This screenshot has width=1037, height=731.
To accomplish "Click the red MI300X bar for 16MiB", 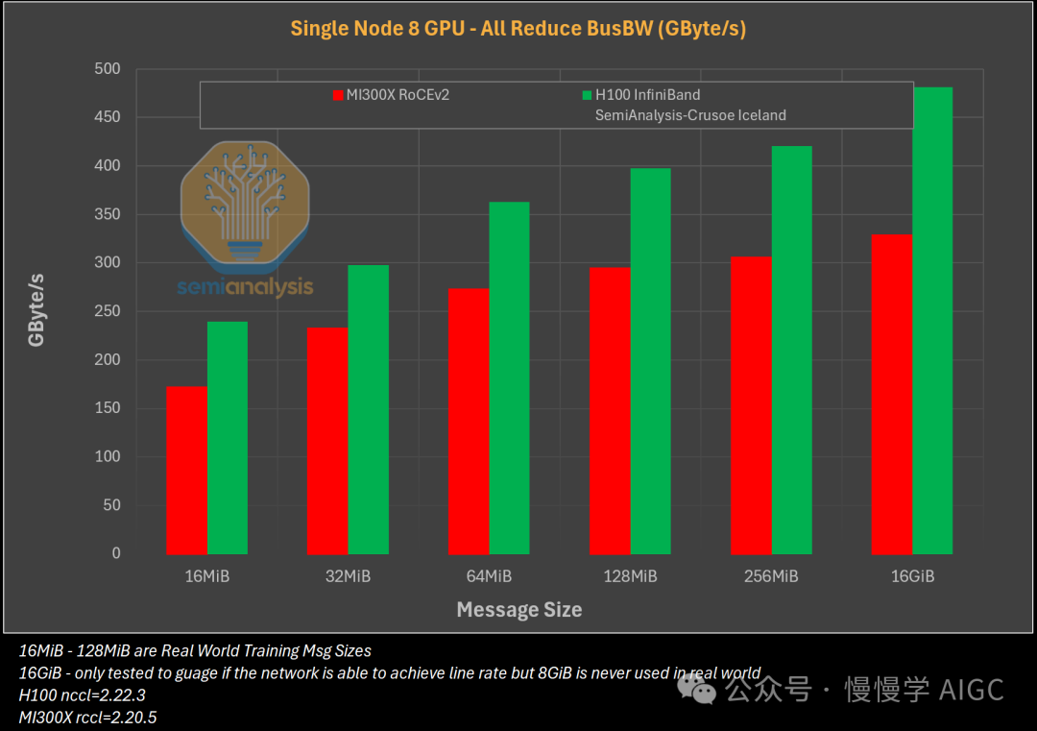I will click(x=186, y=471).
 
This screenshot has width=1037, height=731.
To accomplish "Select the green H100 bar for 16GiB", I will click(x=932, y=321).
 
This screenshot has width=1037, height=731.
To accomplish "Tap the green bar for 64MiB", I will click(x=509, y=378).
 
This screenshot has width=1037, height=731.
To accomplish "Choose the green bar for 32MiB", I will click(x=368, y=410).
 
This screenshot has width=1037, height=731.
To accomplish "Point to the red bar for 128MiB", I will click(x=610, y=411).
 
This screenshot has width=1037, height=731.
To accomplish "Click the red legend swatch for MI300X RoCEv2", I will click(x=338, y=95).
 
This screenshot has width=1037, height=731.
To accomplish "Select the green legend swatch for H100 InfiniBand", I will click(x=588, y=95).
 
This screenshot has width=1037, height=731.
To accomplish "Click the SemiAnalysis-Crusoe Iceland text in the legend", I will click(x=690, y=115).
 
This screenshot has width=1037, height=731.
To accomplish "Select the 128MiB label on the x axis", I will click(x=630, y=576).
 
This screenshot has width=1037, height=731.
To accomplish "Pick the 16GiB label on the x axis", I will click(x=911, y=576).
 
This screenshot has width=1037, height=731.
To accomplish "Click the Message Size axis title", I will click(x=518, y=610).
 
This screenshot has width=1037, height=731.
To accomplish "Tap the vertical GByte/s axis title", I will click(x=37, y=310).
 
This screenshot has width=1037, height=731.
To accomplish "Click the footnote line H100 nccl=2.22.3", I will click(x=83, y=694).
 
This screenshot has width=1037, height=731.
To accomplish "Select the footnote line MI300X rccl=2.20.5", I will click(x=86, y=717).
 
